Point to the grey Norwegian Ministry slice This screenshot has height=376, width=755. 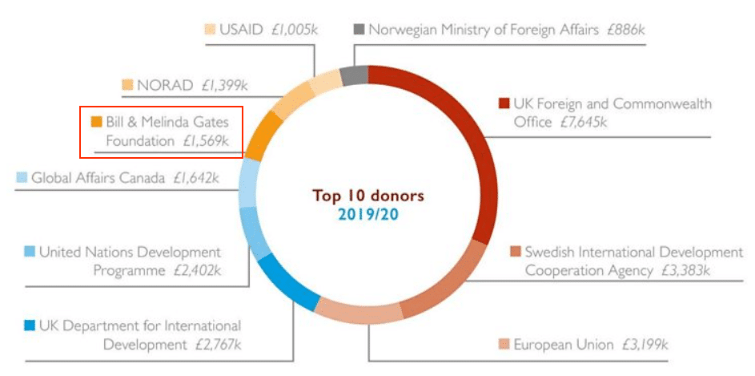[353, 76]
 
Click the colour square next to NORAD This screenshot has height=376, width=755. [127, 84]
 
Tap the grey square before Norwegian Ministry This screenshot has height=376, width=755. [359, 30]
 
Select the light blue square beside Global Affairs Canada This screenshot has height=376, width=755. [22, 177]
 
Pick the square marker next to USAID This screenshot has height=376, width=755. [210, 30]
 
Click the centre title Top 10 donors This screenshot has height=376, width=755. [368, 196]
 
